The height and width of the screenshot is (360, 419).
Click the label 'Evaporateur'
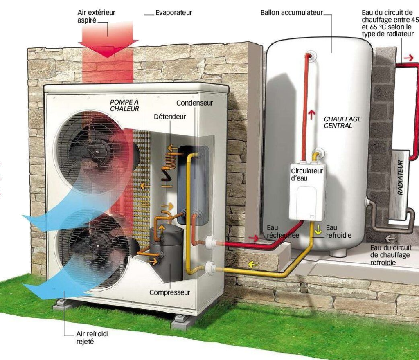tap(173, 13)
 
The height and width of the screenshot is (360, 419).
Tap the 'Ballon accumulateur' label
tap(291, 13)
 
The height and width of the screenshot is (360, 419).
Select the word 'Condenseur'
tap(194, 103)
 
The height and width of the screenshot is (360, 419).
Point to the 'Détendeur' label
tap(170, 117)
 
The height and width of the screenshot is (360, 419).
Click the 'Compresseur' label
tap(170, 292)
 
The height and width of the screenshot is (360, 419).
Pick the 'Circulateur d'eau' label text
tap(307, 174)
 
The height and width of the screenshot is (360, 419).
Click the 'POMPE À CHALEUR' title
tap(124, 106)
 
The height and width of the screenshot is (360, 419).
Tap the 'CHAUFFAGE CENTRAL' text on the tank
tap(342, 122)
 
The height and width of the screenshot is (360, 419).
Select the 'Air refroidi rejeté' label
tap(92, 337)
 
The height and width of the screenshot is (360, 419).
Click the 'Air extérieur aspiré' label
tap(96, 16)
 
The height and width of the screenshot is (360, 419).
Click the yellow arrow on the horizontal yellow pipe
tap(253, 265)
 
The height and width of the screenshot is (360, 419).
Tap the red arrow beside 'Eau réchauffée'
tap(254, 238)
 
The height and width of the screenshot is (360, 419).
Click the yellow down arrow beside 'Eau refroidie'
tap(318, 230)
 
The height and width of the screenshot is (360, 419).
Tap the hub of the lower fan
tap(98, 246)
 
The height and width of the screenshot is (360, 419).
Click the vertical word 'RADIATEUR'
tap(400, 178)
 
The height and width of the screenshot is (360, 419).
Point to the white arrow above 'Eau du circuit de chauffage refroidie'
tap(390, 239)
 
